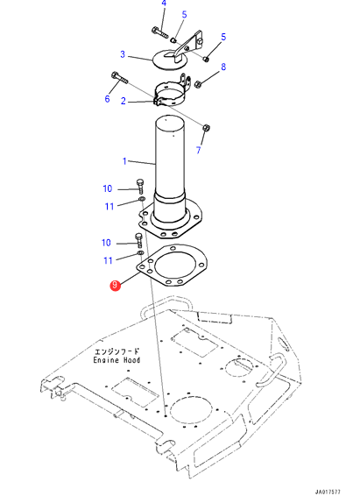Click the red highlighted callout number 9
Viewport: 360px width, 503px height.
[x=115, y=285]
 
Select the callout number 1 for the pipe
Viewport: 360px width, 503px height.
[x=124, y=160]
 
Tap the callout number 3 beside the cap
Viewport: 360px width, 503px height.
[x=123, y=54]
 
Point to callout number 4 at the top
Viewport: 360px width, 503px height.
[x=164, y=4]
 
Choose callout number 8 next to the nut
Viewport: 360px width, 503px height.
[x=223, y=67]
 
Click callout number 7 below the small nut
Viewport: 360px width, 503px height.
[x=199, y=150]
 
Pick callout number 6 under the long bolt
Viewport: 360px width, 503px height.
[x=108, y=98]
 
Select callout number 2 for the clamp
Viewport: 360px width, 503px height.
[x=124, y=101]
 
